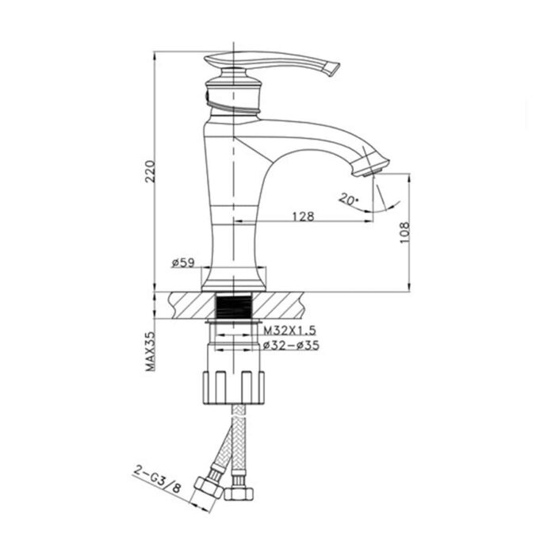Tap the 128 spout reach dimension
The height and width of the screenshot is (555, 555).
(x=301, y=216)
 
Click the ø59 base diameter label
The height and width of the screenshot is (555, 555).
(x=182, y=264)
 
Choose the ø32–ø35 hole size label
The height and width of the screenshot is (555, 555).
(x=290, y=346)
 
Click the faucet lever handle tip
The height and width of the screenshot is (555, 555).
(x=331, y=69)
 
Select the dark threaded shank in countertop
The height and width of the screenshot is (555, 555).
(x=234, y=306)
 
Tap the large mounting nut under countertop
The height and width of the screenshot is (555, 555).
(x=233, y=384)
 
